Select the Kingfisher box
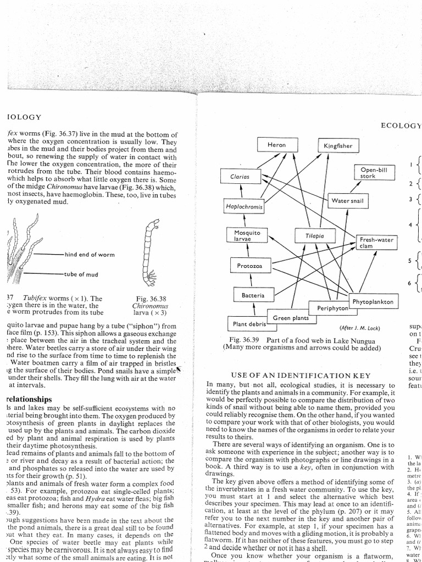coord(338,146)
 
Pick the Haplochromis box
coord(244,206)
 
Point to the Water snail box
coord(347,201)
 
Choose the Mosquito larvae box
coord(247,236)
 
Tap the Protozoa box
coord(250,266)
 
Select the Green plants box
coord(291,318)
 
